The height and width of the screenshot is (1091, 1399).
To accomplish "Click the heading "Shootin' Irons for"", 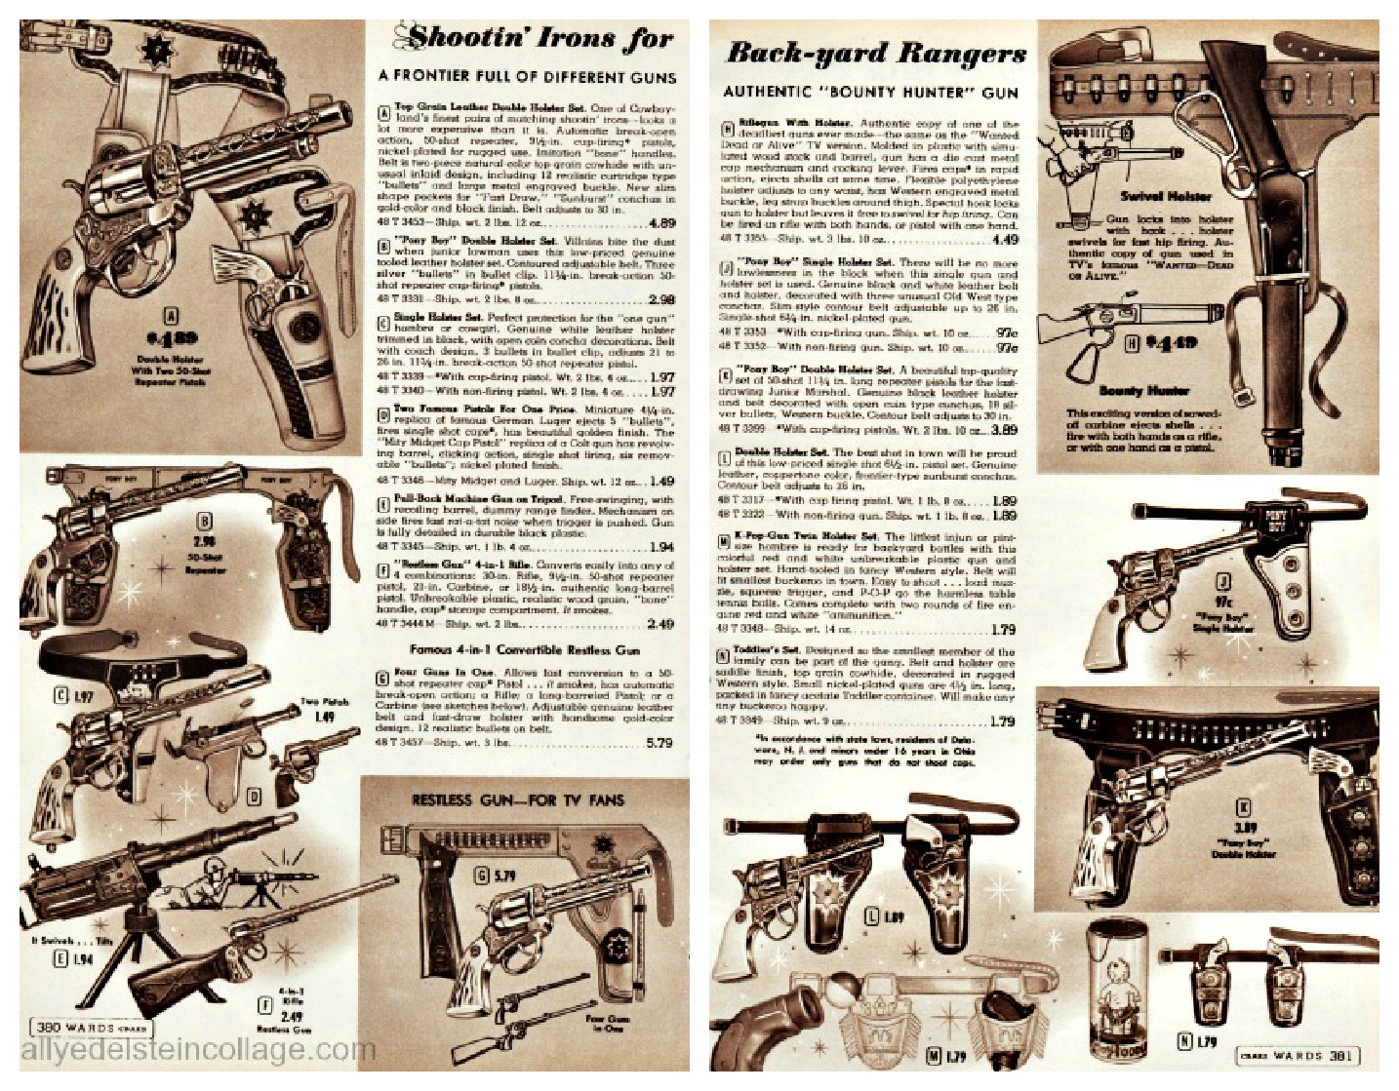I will [540, 38].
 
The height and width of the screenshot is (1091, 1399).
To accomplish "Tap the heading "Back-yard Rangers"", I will [875, 53].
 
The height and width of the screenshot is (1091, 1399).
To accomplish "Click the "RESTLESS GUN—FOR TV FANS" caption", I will [518, 800].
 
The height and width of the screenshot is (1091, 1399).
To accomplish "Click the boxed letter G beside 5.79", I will [481, 875].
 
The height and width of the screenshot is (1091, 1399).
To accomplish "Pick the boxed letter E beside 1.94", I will [60, 958].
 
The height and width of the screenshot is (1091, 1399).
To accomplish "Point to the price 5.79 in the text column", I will [659, 743].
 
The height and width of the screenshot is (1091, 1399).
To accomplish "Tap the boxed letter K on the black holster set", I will [1244, 806].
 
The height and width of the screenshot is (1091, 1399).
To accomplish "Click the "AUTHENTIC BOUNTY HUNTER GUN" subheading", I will [870, 92].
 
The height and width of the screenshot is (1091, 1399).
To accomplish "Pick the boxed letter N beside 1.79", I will [1184, 1041].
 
